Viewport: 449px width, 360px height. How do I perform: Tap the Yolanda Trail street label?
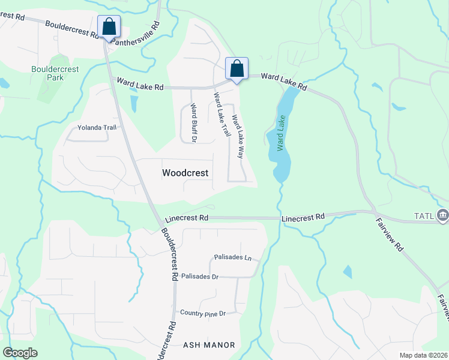(96, 127)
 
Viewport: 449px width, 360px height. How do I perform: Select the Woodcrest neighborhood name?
(185, 173)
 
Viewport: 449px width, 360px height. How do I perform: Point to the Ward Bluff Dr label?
(193, 122)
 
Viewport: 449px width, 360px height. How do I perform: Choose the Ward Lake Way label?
(238, 136)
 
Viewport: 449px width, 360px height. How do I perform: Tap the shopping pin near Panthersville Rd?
(109, 27)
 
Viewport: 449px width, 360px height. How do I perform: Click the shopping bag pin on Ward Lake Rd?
(237, 68)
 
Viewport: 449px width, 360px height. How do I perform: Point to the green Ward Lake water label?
(281, 132)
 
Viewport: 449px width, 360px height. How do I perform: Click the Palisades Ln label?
(232, 257)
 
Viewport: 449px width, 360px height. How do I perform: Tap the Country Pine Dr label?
(203, 313)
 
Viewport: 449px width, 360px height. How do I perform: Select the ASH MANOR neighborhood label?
(208, 345)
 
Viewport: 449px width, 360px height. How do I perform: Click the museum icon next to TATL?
(443, 215)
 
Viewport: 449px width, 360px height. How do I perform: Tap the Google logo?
(20, 353)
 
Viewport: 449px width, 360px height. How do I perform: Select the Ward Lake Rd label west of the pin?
(140, 85)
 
